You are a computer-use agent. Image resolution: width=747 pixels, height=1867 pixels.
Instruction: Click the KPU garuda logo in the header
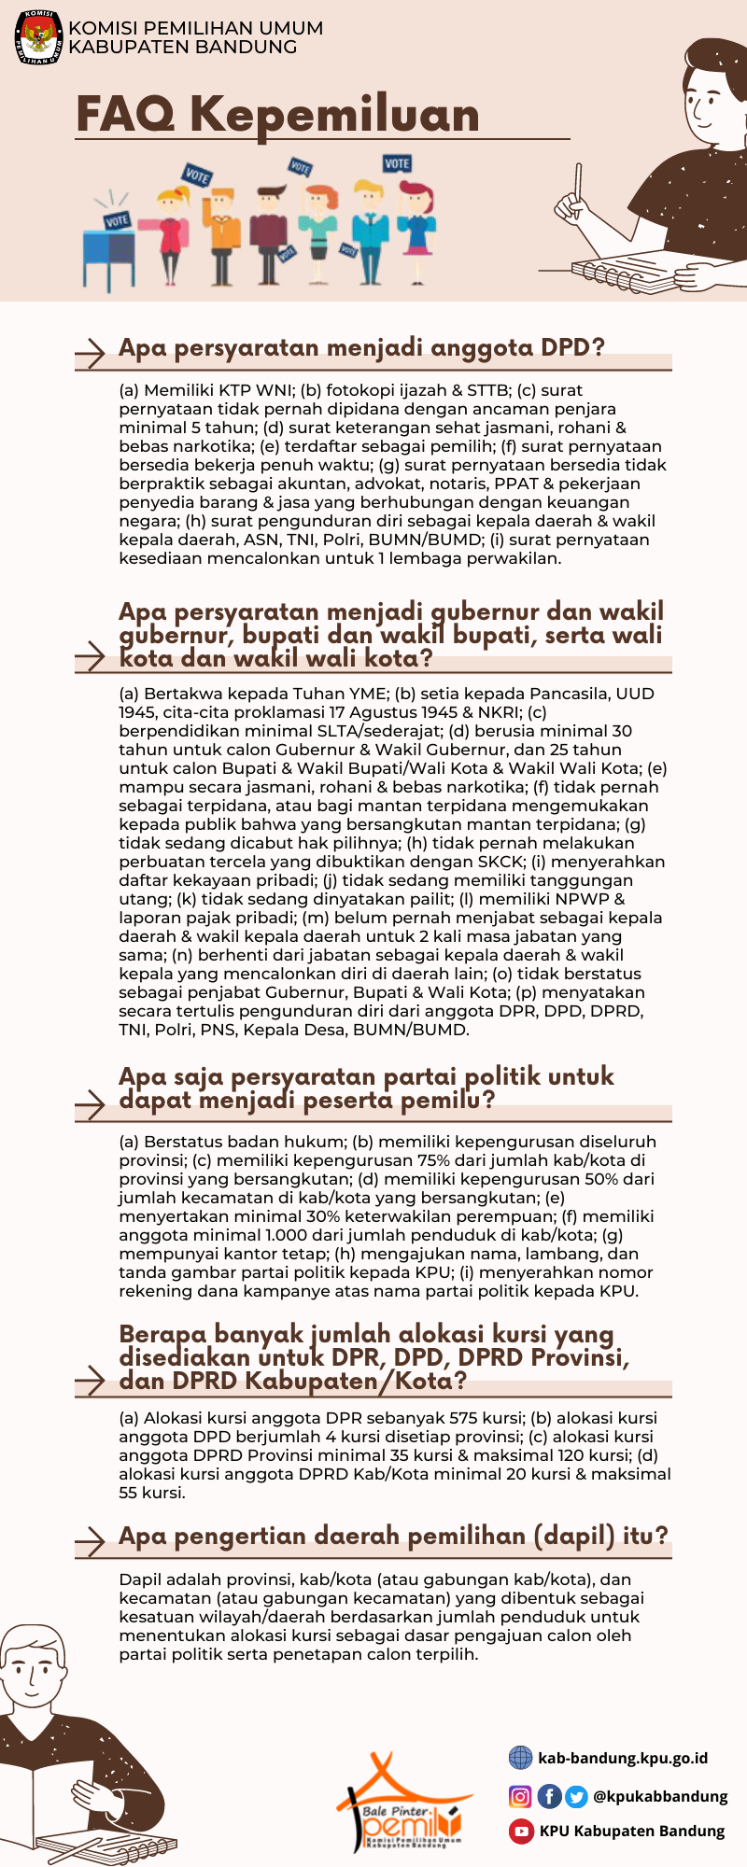38,37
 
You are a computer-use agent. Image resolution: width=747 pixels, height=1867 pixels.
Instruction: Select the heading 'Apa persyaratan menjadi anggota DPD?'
361,348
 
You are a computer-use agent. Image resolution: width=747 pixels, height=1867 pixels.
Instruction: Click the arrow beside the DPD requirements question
91,352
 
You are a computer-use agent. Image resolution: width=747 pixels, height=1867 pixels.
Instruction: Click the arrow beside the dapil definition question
91,1540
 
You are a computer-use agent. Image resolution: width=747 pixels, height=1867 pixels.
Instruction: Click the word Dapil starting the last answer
140,1579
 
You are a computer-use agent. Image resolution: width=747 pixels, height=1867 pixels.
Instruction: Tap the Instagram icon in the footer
520,1796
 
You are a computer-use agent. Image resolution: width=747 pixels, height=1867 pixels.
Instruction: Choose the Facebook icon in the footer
549,1796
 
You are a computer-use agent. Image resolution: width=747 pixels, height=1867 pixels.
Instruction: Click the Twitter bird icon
576,1796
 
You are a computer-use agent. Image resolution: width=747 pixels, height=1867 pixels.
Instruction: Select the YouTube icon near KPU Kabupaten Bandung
520,1831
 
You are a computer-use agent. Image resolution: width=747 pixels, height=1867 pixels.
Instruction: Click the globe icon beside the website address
520,1759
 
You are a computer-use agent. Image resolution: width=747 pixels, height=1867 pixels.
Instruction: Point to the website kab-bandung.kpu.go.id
623,1759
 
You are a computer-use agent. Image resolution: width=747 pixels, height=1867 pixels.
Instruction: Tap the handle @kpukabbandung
660,1796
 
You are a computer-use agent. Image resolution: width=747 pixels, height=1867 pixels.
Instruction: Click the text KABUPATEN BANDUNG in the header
183,47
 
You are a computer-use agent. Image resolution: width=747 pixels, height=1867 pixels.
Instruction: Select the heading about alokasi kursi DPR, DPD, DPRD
373,1358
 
